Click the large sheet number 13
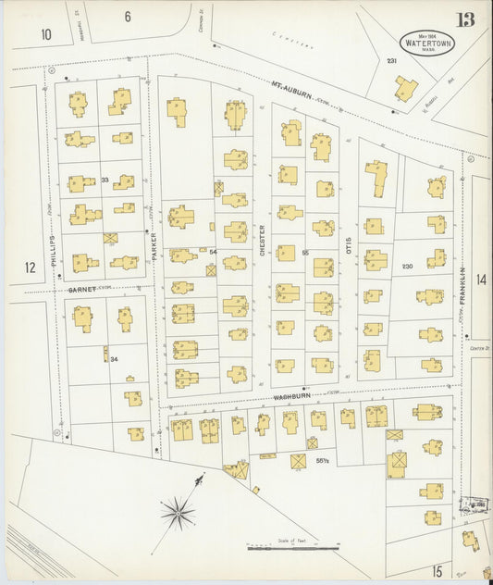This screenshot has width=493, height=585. (x=464, y=19)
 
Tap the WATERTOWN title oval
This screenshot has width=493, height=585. (x=426, y=43)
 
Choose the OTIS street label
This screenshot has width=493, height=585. (x=349, y=244)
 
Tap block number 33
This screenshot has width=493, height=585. (x=105, y=180)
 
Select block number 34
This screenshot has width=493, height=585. (x=114, y=360)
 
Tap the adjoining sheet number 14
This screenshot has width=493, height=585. (x=480, y=279)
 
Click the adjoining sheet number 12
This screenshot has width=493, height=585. (x=31, y=268)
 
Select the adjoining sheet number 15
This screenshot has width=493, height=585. (x=436, y=570)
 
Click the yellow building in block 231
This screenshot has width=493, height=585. (x=405, y=88)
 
